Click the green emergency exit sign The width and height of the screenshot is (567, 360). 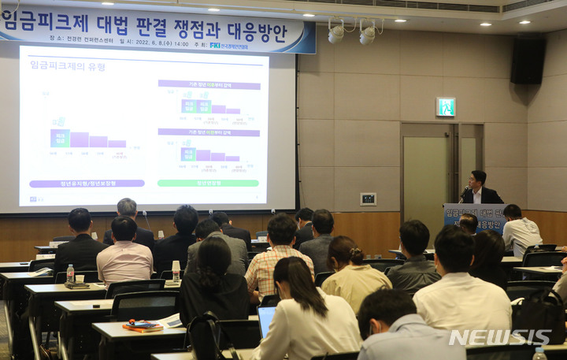pyautogui.click(x=446, y=106)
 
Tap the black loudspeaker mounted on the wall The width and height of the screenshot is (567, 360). pyautogui.click(x=527, y=61)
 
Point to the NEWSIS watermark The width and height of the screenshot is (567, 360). pyautogui.click(x=499, y=337)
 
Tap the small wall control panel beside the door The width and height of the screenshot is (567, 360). pyautogui.click(x=368, y=199)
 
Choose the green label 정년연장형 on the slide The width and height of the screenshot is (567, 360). pyautogui.click(x=208, y=183)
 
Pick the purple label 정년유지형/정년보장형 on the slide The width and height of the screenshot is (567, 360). pyautogui.click(x=87, y=184)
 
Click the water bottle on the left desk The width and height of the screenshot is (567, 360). pyautogui.click(x=70, y=273)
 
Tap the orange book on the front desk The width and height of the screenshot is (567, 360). pyautogui.click(x=143, y=325)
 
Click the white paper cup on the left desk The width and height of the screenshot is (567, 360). pyautogui.click(x=80, y=279)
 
